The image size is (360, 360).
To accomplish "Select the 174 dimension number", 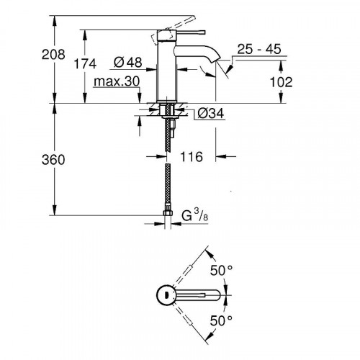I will pos(85,64).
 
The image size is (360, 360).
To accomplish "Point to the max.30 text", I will pos(116,83).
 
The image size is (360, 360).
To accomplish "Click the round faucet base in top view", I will pos(165,294).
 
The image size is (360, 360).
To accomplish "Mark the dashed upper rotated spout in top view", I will pos(191,269).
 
